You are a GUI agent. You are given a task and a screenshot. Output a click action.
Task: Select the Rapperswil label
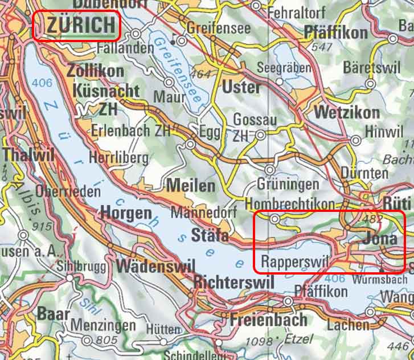pos(294,261)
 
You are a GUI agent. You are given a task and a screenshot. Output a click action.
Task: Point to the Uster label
pos(241,87)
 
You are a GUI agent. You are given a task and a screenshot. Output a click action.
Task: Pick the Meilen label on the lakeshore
pos(191,186)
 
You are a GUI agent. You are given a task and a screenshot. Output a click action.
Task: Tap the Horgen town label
pos(126,213)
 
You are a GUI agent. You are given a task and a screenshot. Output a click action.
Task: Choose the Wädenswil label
pos(155,266)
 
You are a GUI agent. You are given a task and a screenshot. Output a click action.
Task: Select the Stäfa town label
pos(210,235)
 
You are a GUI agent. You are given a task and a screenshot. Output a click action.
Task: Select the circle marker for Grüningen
pos(269,170)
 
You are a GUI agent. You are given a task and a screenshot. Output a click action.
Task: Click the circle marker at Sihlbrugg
pos(69,279)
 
